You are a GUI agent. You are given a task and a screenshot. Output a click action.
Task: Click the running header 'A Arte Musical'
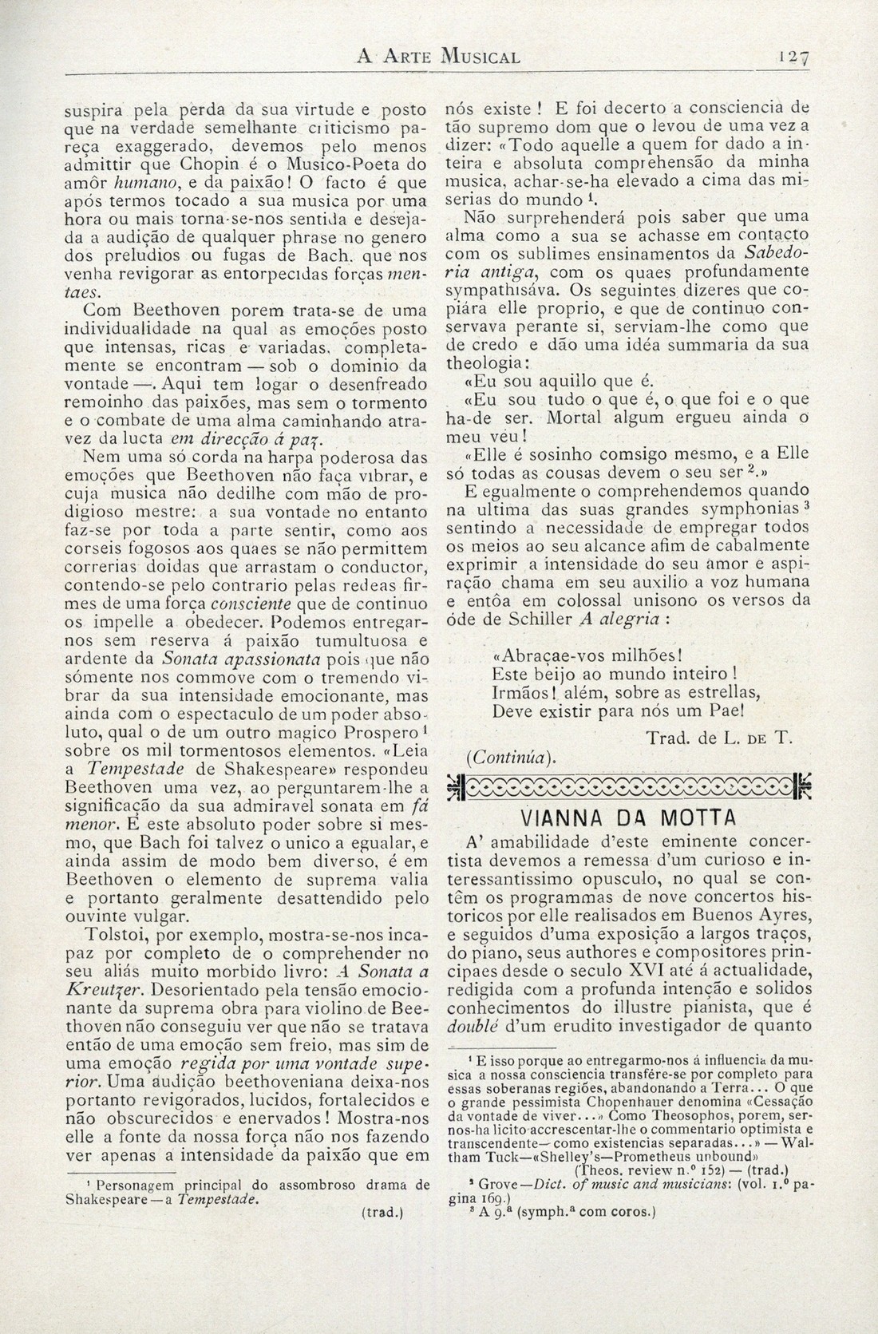coord(438,57)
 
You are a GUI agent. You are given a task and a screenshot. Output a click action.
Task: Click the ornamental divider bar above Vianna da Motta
coord(629,786)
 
